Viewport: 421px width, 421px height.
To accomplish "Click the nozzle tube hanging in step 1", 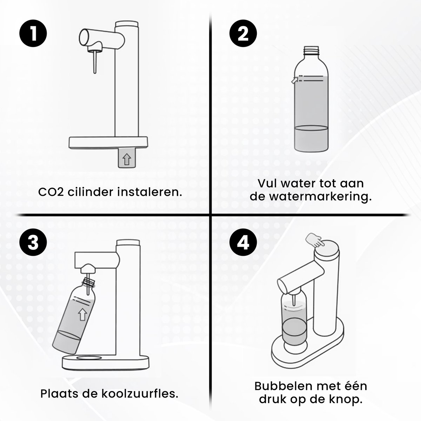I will pyautogui.click(x=95, y=62).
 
